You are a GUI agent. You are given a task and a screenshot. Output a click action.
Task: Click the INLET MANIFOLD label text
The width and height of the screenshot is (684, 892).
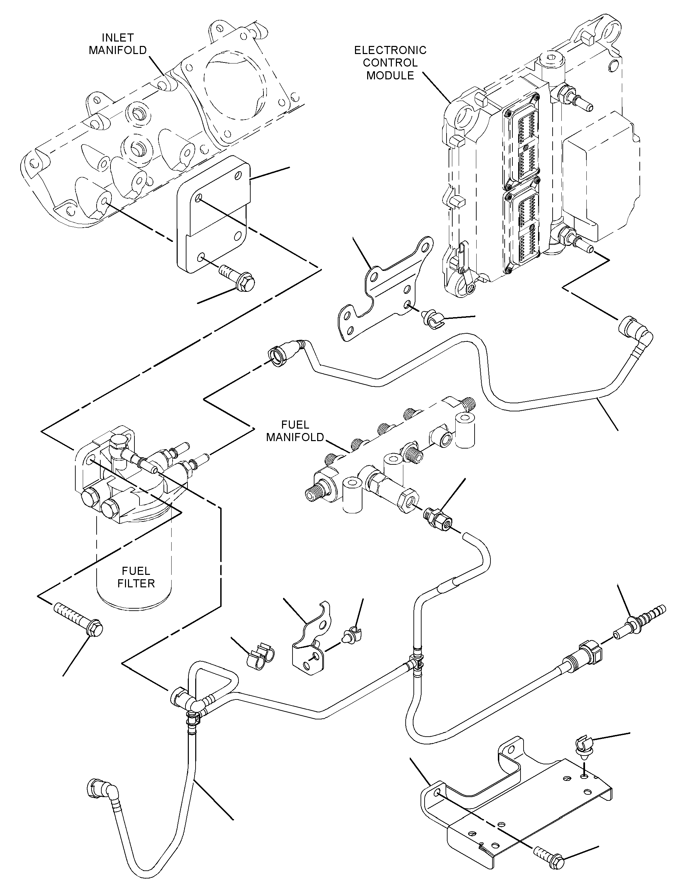pyautogui.click(x=118, y=44)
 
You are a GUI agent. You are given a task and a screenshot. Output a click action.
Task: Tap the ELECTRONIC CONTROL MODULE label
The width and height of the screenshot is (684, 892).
pyautogui.click(x=390, y=63)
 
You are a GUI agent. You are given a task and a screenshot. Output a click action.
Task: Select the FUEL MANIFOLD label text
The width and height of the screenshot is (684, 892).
pyautogui.click(x=295, y=431)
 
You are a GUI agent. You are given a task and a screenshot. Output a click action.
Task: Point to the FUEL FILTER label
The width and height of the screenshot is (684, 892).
pyautogui.click(x=136, y=577)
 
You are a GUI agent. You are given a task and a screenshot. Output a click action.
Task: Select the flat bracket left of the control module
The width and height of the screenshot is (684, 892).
pyautogui.click(x=385, y=289)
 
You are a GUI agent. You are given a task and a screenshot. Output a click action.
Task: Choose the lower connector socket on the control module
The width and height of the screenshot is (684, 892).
pyautogui.click(x=522, y=230)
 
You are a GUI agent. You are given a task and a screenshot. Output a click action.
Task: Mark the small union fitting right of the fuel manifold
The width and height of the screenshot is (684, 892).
pyautogui.click(x=438, y=517)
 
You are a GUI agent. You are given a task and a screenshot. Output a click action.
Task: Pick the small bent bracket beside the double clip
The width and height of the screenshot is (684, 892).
pyautogui.click(x=311, y=638)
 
